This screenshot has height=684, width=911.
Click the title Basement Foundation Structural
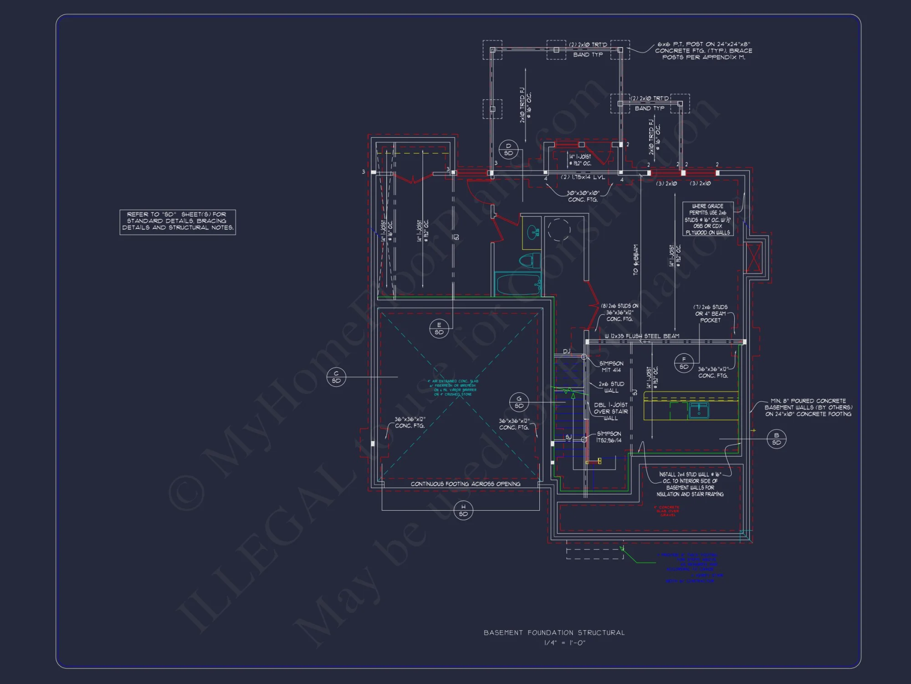pos(554,632)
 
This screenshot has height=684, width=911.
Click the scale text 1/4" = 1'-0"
pos(564,643)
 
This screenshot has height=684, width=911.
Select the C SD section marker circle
pos(336,377)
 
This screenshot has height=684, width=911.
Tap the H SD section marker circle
pos(463,510)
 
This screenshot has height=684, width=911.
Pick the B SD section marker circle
pos(776,439)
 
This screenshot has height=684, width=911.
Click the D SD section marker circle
pos(508,150)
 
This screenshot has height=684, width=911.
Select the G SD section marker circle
pos(519,402)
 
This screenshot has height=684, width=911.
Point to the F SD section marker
pos(684,363)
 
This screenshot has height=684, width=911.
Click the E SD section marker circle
pos(439,328)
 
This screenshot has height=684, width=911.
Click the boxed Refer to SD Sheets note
pos(178,222)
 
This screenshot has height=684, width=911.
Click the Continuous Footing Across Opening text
pos(465,484)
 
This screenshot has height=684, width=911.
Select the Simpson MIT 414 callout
pos(611,367)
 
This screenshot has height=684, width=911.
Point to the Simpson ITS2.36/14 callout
pos(609,437)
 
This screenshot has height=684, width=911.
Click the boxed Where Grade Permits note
pos(707,219)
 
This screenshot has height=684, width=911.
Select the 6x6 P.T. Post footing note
pos(703,51)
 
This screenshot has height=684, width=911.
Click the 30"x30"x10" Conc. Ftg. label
pos(583,196)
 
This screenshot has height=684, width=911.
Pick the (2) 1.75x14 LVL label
pos(583,177)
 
